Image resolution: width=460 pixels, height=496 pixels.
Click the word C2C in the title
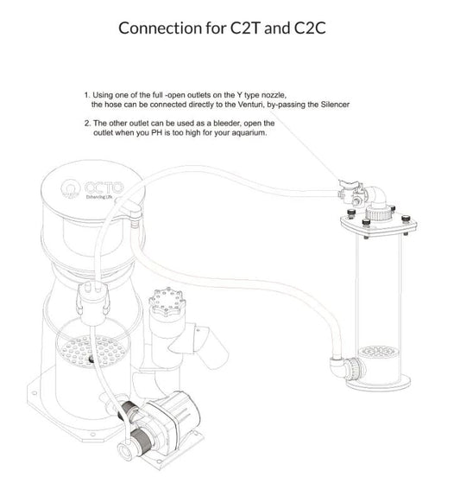[310, 28]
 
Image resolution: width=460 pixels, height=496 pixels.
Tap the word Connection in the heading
[161, 28]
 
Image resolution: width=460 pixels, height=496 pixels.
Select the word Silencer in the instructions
[335, 105]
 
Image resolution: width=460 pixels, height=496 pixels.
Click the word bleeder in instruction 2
[226, 123]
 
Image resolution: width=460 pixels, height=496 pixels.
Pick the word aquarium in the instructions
[249, 133]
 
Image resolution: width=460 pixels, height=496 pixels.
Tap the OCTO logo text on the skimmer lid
[104, 188]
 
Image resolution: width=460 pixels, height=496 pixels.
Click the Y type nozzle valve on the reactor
[350, 192]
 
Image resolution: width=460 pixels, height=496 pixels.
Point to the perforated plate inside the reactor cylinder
[376, 352]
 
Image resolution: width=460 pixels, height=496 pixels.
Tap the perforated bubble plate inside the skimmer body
[92, 351]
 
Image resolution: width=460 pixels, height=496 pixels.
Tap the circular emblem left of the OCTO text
[71, 189]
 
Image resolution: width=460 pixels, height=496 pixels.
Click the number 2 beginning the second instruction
[86, 123]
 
